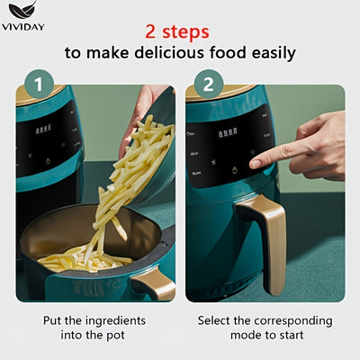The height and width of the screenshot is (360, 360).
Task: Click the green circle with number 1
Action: [x=38, y=85]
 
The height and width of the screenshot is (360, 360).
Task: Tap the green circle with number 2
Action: [x=208, y=85]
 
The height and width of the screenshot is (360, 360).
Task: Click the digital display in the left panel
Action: [x=43, y=129]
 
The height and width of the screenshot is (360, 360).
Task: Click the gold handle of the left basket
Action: [x=153, y=286]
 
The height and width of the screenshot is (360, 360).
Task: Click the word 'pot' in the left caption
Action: [x=118, y=336]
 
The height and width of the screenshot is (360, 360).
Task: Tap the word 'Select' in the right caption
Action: [x=217, y=320]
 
